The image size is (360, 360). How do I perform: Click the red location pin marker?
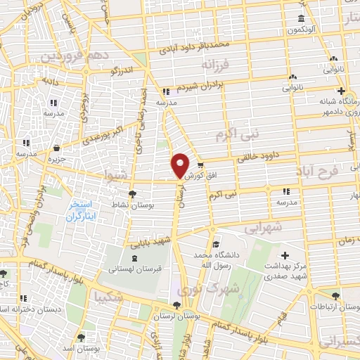click(x=180, y=165)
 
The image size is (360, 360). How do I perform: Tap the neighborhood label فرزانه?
click(x=216, y=65)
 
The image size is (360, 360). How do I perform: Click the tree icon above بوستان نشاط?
click(x=132, y=195)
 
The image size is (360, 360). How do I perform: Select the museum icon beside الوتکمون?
click(x=301, y=18)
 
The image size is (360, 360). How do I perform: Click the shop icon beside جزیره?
click(x=56, y=148)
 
